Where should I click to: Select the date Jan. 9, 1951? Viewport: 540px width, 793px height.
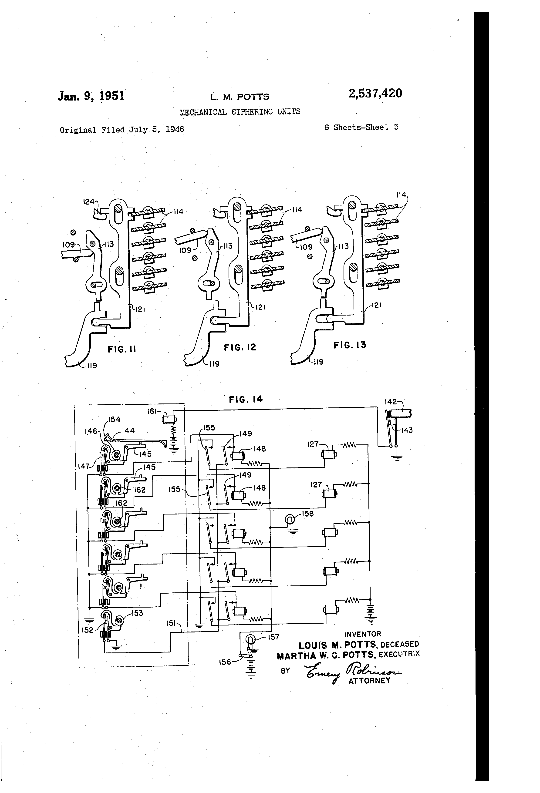(x=91, y=96)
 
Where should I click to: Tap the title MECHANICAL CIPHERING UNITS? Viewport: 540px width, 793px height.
(x=240, y=112)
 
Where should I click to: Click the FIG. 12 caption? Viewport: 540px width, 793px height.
(x=240, y=347)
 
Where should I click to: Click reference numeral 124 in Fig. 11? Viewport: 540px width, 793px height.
(x=88, y=202)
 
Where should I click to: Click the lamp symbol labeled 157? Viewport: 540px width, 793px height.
(x=250, y=639)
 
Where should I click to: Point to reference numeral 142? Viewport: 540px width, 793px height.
(x=391, y=402)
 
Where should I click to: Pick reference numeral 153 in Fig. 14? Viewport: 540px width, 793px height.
(x=137, y=613)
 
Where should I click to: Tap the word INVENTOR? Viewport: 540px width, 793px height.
(x=362, y=634)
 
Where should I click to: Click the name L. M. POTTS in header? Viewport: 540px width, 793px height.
(x=240, y=97)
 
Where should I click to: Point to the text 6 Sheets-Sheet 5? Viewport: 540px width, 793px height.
(x=361, y=127)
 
